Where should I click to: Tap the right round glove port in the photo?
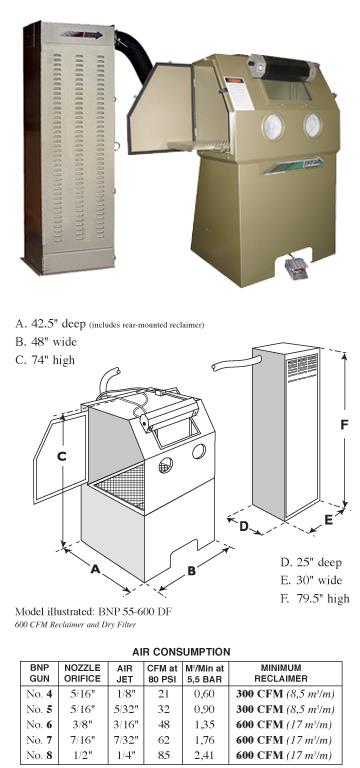pyautogui.click(x=314, y=124)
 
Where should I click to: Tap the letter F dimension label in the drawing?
pyautogui.click(x=344, y=424)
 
